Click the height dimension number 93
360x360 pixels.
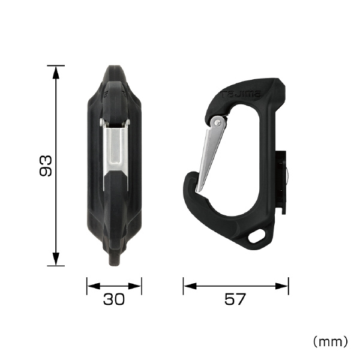point(46,166)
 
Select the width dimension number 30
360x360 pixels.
point(114,299)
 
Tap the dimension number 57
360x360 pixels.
point(235,299)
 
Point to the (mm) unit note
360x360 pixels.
point(330,341)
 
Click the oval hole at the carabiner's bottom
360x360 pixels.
point(257,236)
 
